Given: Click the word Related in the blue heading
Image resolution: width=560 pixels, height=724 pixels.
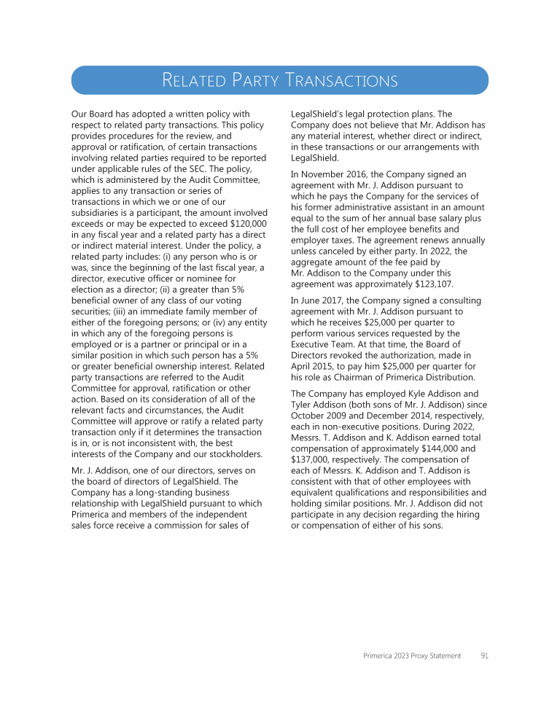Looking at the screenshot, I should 190,80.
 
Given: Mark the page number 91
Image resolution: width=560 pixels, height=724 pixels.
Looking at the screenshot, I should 484,655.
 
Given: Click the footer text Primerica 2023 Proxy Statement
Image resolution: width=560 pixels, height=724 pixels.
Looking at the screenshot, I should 412,655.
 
